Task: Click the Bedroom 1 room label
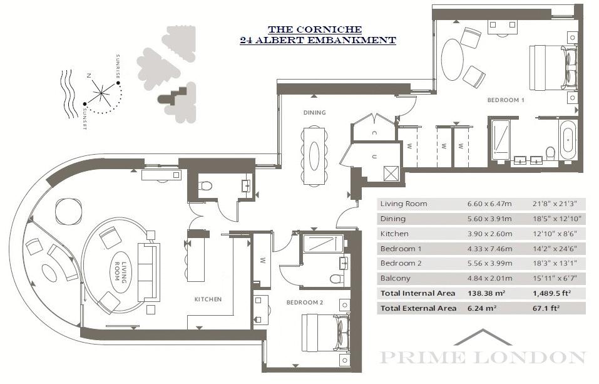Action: point(505,100)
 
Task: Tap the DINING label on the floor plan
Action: point(314,113)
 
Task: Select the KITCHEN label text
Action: point(208,299)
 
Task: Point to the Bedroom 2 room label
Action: point(305,303)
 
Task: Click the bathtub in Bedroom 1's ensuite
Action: point(568,139)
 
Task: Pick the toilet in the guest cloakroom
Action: point(205,186)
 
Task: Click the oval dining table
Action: point(314,156)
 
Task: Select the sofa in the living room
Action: point(148,272)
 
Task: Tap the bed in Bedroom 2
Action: point(325,333)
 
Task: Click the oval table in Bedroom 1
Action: point(453,60)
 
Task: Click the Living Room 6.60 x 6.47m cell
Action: point(489,204)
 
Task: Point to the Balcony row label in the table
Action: point(396,278)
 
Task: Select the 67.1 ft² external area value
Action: point(546,308)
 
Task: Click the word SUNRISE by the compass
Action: point(118,67)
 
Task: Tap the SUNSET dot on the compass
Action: point(84,103)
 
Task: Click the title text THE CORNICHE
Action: point(315,29)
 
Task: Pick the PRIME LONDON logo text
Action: point(483,357)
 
